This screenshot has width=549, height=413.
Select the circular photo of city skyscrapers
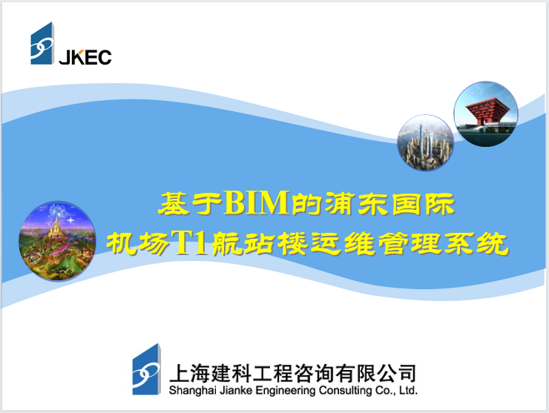coord(425,142)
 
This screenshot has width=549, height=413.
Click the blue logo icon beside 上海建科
coord(147,369)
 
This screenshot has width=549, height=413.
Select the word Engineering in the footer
coord(289,389)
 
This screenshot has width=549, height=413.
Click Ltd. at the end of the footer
coord(408,389)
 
